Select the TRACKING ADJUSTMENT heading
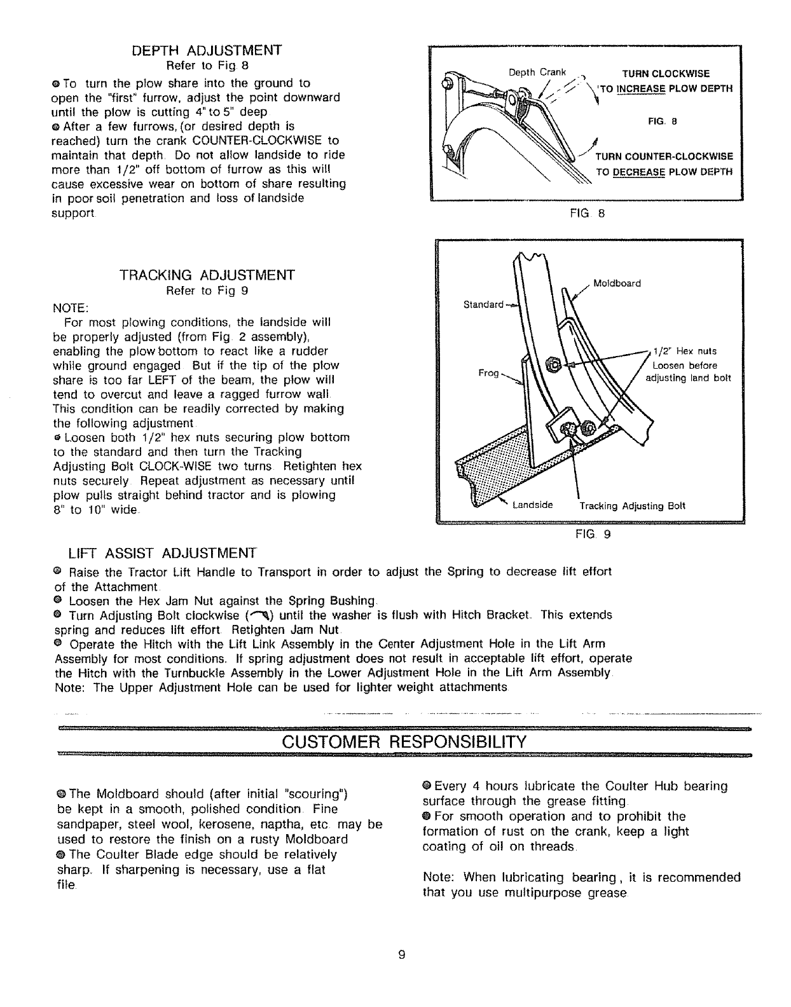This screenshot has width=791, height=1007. tap(207, 275)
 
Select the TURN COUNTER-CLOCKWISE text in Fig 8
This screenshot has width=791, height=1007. tap(664, 157)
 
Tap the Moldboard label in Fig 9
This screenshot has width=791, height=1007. tap(617, 283)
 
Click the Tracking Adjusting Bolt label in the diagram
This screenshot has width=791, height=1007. tap(632, 507)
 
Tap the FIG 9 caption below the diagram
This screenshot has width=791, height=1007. tap(592, 535)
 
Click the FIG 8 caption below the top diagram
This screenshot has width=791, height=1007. tap(587, 214)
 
